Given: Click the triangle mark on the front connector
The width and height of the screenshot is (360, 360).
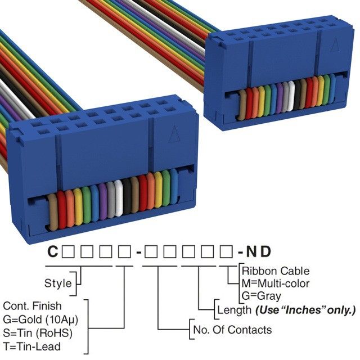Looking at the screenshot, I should click(173, 135).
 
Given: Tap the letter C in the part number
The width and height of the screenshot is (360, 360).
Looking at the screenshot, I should click(52, 252).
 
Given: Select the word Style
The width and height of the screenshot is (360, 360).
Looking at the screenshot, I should click(58, 282).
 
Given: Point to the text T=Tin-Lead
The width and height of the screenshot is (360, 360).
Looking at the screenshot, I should click(31, 346).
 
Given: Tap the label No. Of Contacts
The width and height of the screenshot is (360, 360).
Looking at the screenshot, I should click(232, 330).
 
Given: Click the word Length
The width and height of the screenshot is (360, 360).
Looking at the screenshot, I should click(233, 309).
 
